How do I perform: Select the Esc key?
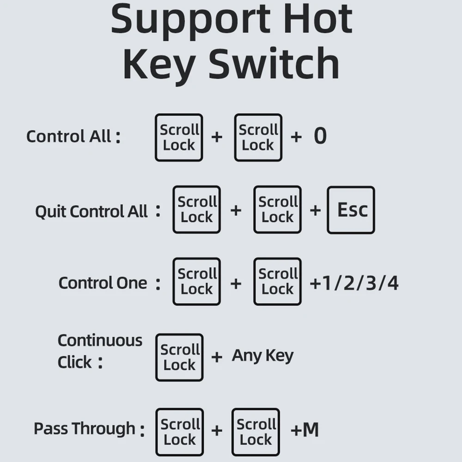(351, 210)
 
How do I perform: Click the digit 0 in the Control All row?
(320, 136)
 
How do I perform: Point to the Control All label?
(73, 137)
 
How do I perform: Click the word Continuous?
(100, 340)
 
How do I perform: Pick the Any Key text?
(262, 356)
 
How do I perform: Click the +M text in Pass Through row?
(305, 430)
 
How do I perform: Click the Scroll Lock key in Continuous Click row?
(179, 357)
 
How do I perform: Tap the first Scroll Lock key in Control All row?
(179, 137)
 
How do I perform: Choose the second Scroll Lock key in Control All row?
(258, 137)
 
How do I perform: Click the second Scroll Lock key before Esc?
(277, 209)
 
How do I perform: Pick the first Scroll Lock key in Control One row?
(196, 281)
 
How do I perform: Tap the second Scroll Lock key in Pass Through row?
(255, 432)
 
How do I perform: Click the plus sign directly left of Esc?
(315, 210)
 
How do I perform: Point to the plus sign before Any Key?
(217, 357)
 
